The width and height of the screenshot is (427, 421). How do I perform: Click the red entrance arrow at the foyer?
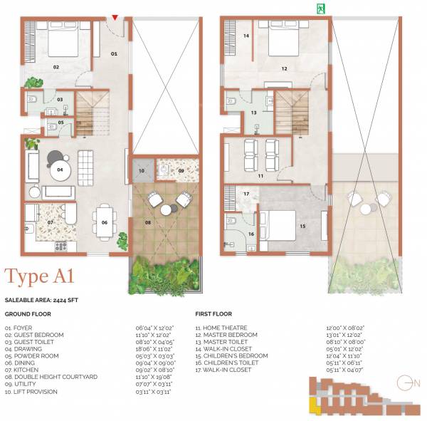[x=115, y=17]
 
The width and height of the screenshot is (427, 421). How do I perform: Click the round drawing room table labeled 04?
[x=60, y=170]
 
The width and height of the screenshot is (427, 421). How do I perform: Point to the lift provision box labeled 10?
[x=142, y=171]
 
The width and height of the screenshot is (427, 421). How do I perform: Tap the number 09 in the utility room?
[x=181, y=171]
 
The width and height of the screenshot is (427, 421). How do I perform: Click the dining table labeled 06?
[x=105, y=223]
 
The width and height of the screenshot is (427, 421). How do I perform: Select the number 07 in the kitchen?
[x=51, y=222]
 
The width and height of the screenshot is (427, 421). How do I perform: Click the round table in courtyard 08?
[x=168, y=209]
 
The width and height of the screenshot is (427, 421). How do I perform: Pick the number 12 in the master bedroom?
[x=283, y=69]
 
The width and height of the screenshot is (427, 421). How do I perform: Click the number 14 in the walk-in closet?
[x=246, y=36]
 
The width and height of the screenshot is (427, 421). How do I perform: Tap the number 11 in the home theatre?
[x=261, y=175]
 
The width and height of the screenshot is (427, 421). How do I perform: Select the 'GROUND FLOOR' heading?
[x=27, y=313]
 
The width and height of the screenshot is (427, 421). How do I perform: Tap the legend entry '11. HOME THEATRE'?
[x=221, y=328]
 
